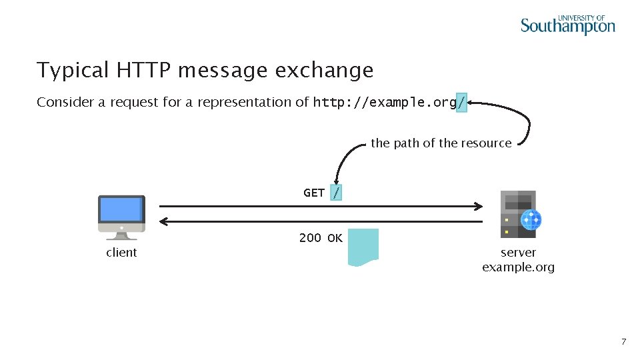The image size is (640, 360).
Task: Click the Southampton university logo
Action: click(x=567, y=25)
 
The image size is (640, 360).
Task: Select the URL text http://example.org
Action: click(x=385, y=103)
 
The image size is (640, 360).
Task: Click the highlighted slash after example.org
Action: click(x=461, y=103)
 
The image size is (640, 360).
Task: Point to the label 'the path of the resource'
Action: click(x=441, y=143)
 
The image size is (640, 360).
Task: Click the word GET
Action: click(x=314, y=193)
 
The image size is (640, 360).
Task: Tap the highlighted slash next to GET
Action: click(x=337, y=193)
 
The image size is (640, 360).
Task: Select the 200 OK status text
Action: click(x=321, y=237)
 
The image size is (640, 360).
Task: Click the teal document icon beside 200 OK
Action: click(x=363, y=247)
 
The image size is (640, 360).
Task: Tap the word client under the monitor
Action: click(x=121, y=253)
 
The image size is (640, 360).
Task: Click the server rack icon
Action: click(x=518, y=214)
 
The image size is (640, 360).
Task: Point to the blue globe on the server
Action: click(x=531, y=219)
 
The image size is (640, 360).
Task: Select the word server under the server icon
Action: click(x=518, y=253)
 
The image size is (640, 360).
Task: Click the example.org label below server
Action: click(x=518, y=267)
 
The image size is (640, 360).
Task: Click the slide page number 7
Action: click(x=623, y=342)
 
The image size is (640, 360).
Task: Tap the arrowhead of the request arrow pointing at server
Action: click(x=479, y=205)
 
